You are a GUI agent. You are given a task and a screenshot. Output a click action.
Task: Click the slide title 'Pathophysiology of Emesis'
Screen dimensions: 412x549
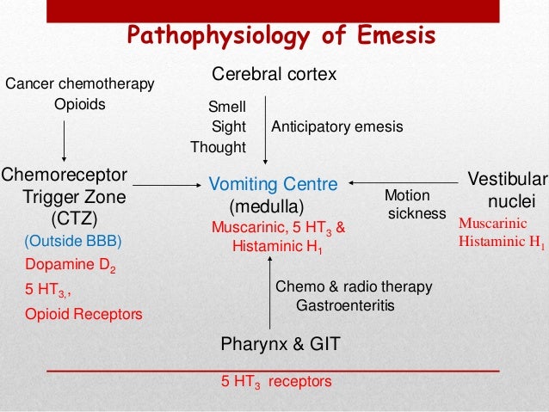click(281, 35)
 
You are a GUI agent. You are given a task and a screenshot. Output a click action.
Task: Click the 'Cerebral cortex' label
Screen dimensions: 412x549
click(274, 76)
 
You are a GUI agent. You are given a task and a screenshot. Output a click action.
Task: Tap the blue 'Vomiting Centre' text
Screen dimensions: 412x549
click(273, 183)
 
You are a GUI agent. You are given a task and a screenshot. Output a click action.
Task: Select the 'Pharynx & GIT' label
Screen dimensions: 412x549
click(281, 344)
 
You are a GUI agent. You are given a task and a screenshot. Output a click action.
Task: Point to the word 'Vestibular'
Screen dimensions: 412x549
click(507, 181)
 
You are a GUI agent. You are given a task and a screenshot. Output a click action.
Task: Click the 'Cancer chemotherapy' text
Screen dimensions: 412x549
click(80, 84)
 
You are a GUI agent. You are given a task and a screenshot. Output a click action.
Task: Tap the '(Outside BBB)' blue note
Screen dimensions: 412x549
click(74, 240)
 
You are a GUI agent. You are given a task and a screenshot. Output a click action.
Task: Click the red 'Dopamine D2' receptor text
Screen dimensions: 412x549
click(70, 266)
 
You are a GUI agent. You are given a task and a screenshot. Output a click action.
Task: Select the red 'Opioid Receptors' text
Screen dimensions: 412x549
click(83, 314)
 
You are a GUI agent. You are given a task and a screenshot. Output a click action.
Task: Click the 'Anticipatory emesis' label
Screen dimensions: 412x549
click(337, 127)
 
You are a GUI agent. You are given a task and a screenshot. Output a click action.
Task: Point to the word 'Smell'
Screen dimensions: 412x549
click(227, 108)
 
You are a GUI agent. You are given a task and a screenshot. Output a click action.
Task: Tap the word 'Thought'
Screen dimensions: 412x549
click(218, 147)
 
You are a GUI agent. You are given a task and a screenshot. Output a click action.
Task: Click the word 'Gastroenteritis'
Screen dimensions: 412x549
click(345, 305)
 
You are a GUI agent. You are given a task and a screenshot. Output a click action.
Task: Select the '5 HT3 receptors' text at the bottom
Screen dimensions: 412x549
click(276, 381)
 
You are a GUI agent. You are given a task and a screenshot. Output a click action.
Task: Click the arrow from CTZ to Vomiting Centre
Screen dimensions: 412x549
click(166, 183)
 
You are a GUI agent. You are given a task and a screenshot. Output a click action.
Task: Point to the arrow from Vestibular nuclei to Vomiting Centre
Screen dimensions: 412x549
click(404, 181)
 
